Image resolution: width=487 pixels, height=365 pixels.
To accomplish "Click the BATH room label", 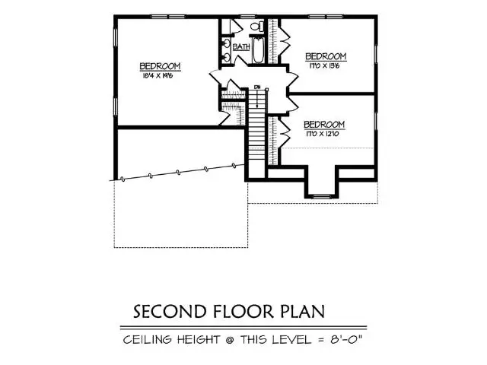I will coord(241,47).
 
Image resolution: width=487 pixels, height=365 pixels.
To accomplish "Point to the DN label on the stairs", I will coord(258,87).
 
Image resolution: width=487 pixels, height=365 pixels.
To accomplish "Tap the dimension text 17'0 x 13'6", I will coord(326,66).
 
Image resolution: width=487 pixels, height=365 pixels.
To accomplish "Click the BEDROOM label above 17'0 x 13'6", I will coord(326,56).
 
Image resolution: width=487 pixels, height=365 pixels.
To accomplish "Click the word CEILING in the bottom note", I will coord(147,340).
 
